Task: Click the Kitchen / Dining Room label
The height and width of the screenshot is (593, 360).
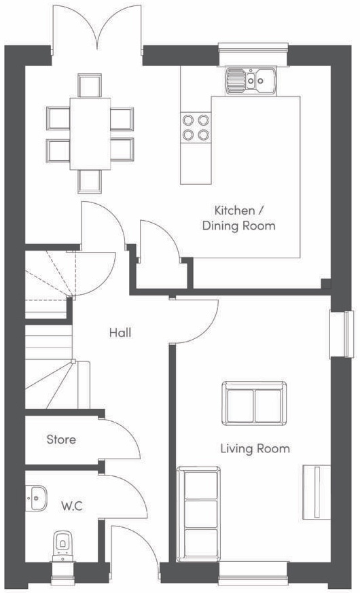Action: point(238,218)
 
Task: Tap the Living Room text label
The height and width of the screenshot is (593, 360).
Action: point(255,448)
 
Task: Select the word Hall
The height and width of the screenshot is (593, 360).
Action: point(120,333)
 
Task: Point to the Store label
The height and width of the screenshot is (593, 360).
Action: point(61,439)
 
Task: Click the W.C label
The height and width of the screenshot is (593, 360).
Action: point(71,505)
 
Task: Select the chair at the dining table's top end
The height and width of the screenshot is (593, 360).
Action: point(89,86)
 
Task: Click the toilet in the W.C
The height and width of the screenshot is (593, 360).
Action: point(62,544)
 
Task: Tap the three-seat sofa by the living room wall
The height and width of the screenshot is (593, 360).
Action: point(198,514)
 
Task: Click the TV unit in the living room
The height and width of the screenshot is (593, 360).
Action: point(316,492)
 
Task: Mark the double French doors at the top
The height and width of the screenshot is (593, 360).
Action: point(96,27)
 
